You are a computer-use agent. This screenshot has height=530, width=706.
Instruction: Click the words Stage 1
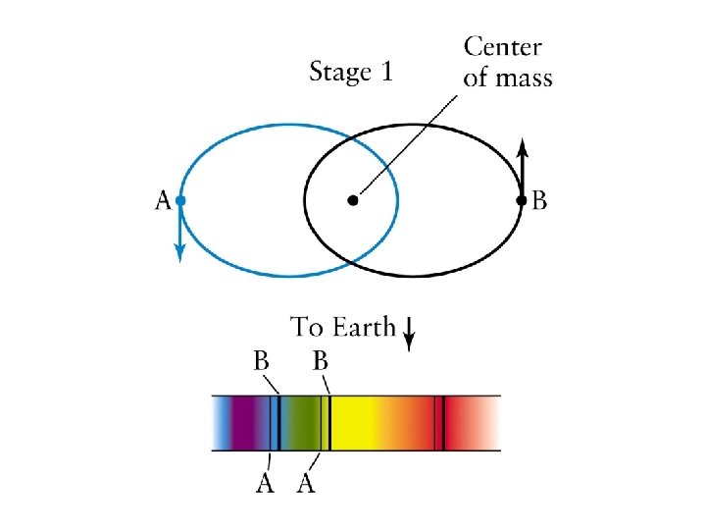point(350,72)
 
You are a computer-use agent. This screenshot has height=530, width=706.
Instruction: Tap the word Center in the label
point(502,47)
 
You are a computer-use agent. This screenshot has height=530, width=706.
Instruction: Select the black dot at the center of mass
point(352,201)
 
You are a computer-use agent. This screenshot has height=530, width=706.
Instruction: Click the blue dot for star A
point(180,201)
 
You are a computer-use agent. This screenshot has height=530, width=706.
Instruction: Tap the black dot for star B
point(522,201)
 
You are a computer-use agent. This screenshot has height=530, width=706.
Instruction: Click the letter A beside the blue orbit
point(163,202)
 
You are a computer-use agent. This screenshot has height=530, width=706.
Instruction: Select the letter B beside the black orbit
point(539,202)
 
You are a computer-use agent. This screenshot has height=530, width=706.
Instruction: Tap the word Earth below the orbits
point(364,328)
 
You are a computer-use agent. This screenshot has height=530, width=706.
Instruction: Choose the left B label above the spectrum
point(263,360)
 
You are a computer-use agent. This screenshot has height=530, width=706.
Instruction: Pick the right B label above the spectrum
point(320,360)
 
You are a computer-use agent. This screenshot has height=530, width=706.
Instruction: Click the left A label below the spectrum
point(265,484)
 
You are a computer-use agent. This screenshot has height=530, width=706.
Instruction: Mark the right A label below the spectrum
point(306,484)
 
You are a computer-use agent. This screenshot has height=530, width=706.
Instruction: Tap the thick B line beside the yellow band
point(329,423)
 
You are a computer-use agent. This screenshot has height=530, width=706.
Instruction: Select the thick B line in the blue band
point(279,423)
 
